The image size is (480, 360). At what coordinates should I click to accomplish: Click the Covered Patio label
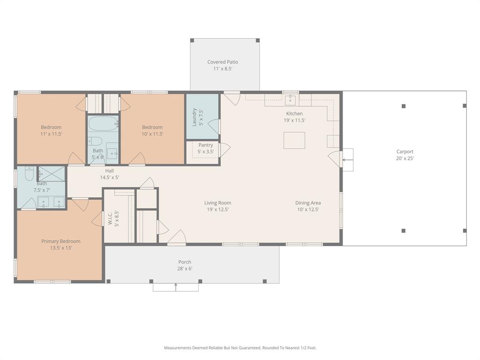223,62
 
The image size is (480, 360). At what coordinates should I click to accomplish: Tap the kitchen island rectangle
294,141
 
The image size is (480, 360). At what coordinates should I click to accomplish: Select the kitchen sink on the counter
290,100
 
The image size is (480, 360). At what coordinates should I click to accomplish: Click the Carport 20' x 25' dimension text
405,158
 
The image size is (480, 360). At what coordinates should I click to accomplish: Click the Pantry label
205,145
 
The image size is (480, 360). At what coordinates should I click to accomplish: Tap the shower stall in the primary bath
52,173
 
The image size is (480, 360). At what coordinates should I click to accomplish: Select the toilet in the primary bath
29,174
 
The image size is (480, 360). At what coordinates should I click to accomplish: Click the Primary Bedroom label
60,241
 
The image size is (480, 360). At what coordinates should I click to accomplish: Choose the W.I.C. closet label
110,218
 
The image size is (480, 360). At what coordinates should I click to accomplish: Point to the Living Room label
217,203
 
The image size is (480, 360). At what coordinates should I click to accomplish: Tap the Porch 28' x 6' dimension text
185,269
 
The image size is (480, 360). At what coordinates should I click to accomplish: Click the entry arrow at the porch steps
176,286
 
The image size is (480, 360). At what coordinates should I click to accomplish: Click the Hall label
109,171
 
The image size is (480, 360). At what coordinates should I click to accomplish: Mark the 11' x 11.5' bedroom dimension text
51,134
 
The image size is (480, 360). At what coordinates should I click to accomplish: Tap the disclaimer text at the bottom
240,348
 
